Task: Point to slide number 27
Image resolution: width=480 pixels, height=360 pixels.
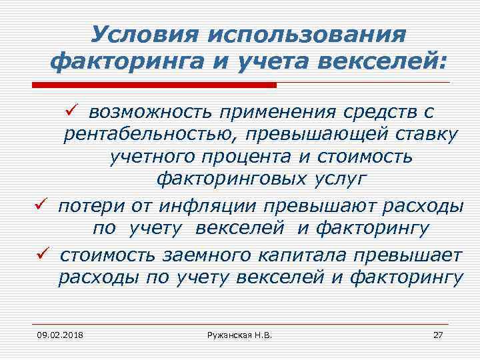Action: coord(438,334)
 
